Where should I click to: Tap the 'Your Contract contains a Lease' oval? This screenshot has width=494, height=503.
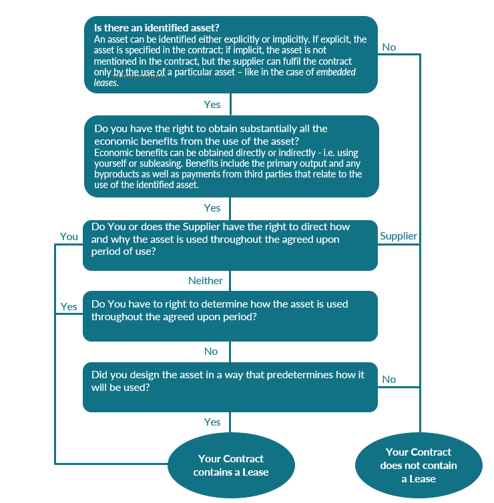[230, 465]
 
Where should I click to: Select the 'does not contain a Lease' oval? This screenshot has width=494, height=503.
[418, 465]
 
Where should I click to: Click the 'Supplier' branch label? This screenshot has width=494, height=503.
[398, 235]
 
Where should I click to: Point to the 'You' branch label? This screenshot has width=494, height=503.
[69, 236]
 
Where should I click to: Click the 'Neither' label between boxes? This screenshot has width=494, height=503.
[205, 281]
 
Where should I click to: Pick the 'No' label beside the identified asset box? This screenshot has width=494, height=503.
[389, 47]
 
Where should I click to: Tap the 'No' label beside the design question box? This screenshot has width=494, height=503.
[389, 379]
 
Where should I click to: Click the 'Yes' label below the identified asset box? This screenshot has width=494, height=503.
[212, 105]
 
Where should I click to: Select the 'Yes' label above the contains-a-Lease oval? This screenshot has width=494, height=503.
[212, 422]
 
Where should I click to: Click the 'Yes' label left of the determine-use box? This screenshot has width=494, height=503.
[69, 306]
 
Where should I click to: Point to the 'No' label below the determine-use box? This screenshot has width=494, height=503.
[211, 351]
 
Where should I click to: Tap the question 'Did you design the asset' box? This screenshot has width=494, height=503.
[230, 387]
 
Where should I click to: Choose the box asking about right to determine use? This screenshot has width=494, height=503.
[230, 316]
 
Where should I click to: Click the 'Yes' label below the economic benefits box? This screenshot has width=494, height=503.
[212, 207]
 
